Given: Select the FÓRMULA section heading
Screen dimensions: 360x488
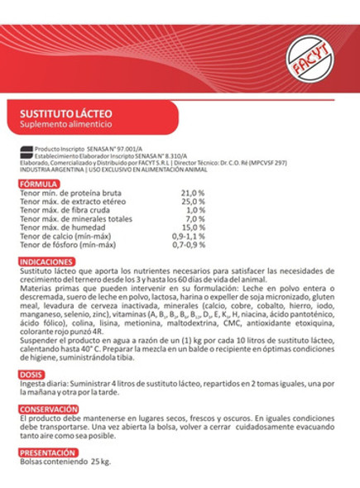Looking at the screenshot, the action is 38,183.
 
